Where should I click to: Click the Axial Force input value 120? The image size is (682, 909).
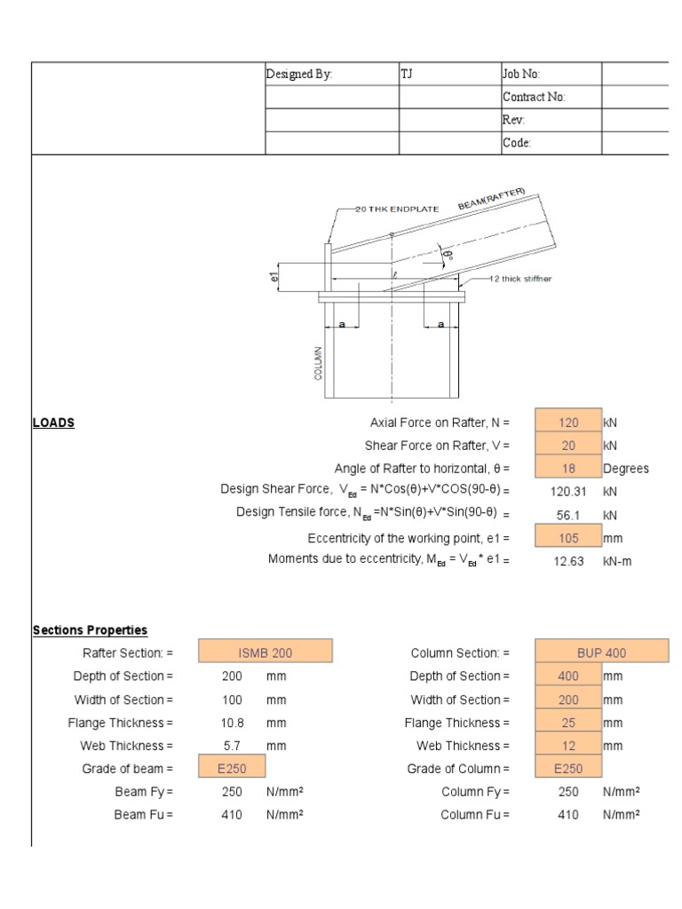569,423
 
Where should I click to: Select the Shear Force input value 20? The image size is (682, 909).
569,446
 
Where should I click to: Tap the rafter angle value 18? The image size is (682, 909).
569,469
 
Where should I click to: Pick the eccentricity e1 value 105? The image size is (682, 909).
569,538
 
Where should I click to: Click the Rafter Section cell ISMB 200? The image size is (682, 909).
266,653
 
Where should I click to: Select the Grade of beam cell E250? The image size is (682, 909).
233,769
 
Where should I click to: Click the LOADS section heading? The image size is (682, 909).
53,423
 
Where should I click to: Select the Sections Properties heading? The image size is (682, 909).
90,630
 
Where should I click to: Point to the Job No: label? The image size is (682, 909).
521,75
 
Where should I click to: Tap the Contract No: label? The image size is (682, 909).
535,98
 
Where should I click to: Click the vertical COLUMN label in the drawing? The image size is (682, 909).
317,363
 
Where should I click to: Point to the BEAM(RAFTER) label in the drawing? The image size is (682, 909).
492,200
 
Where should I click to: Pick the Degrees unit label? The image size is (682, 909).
626,469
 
